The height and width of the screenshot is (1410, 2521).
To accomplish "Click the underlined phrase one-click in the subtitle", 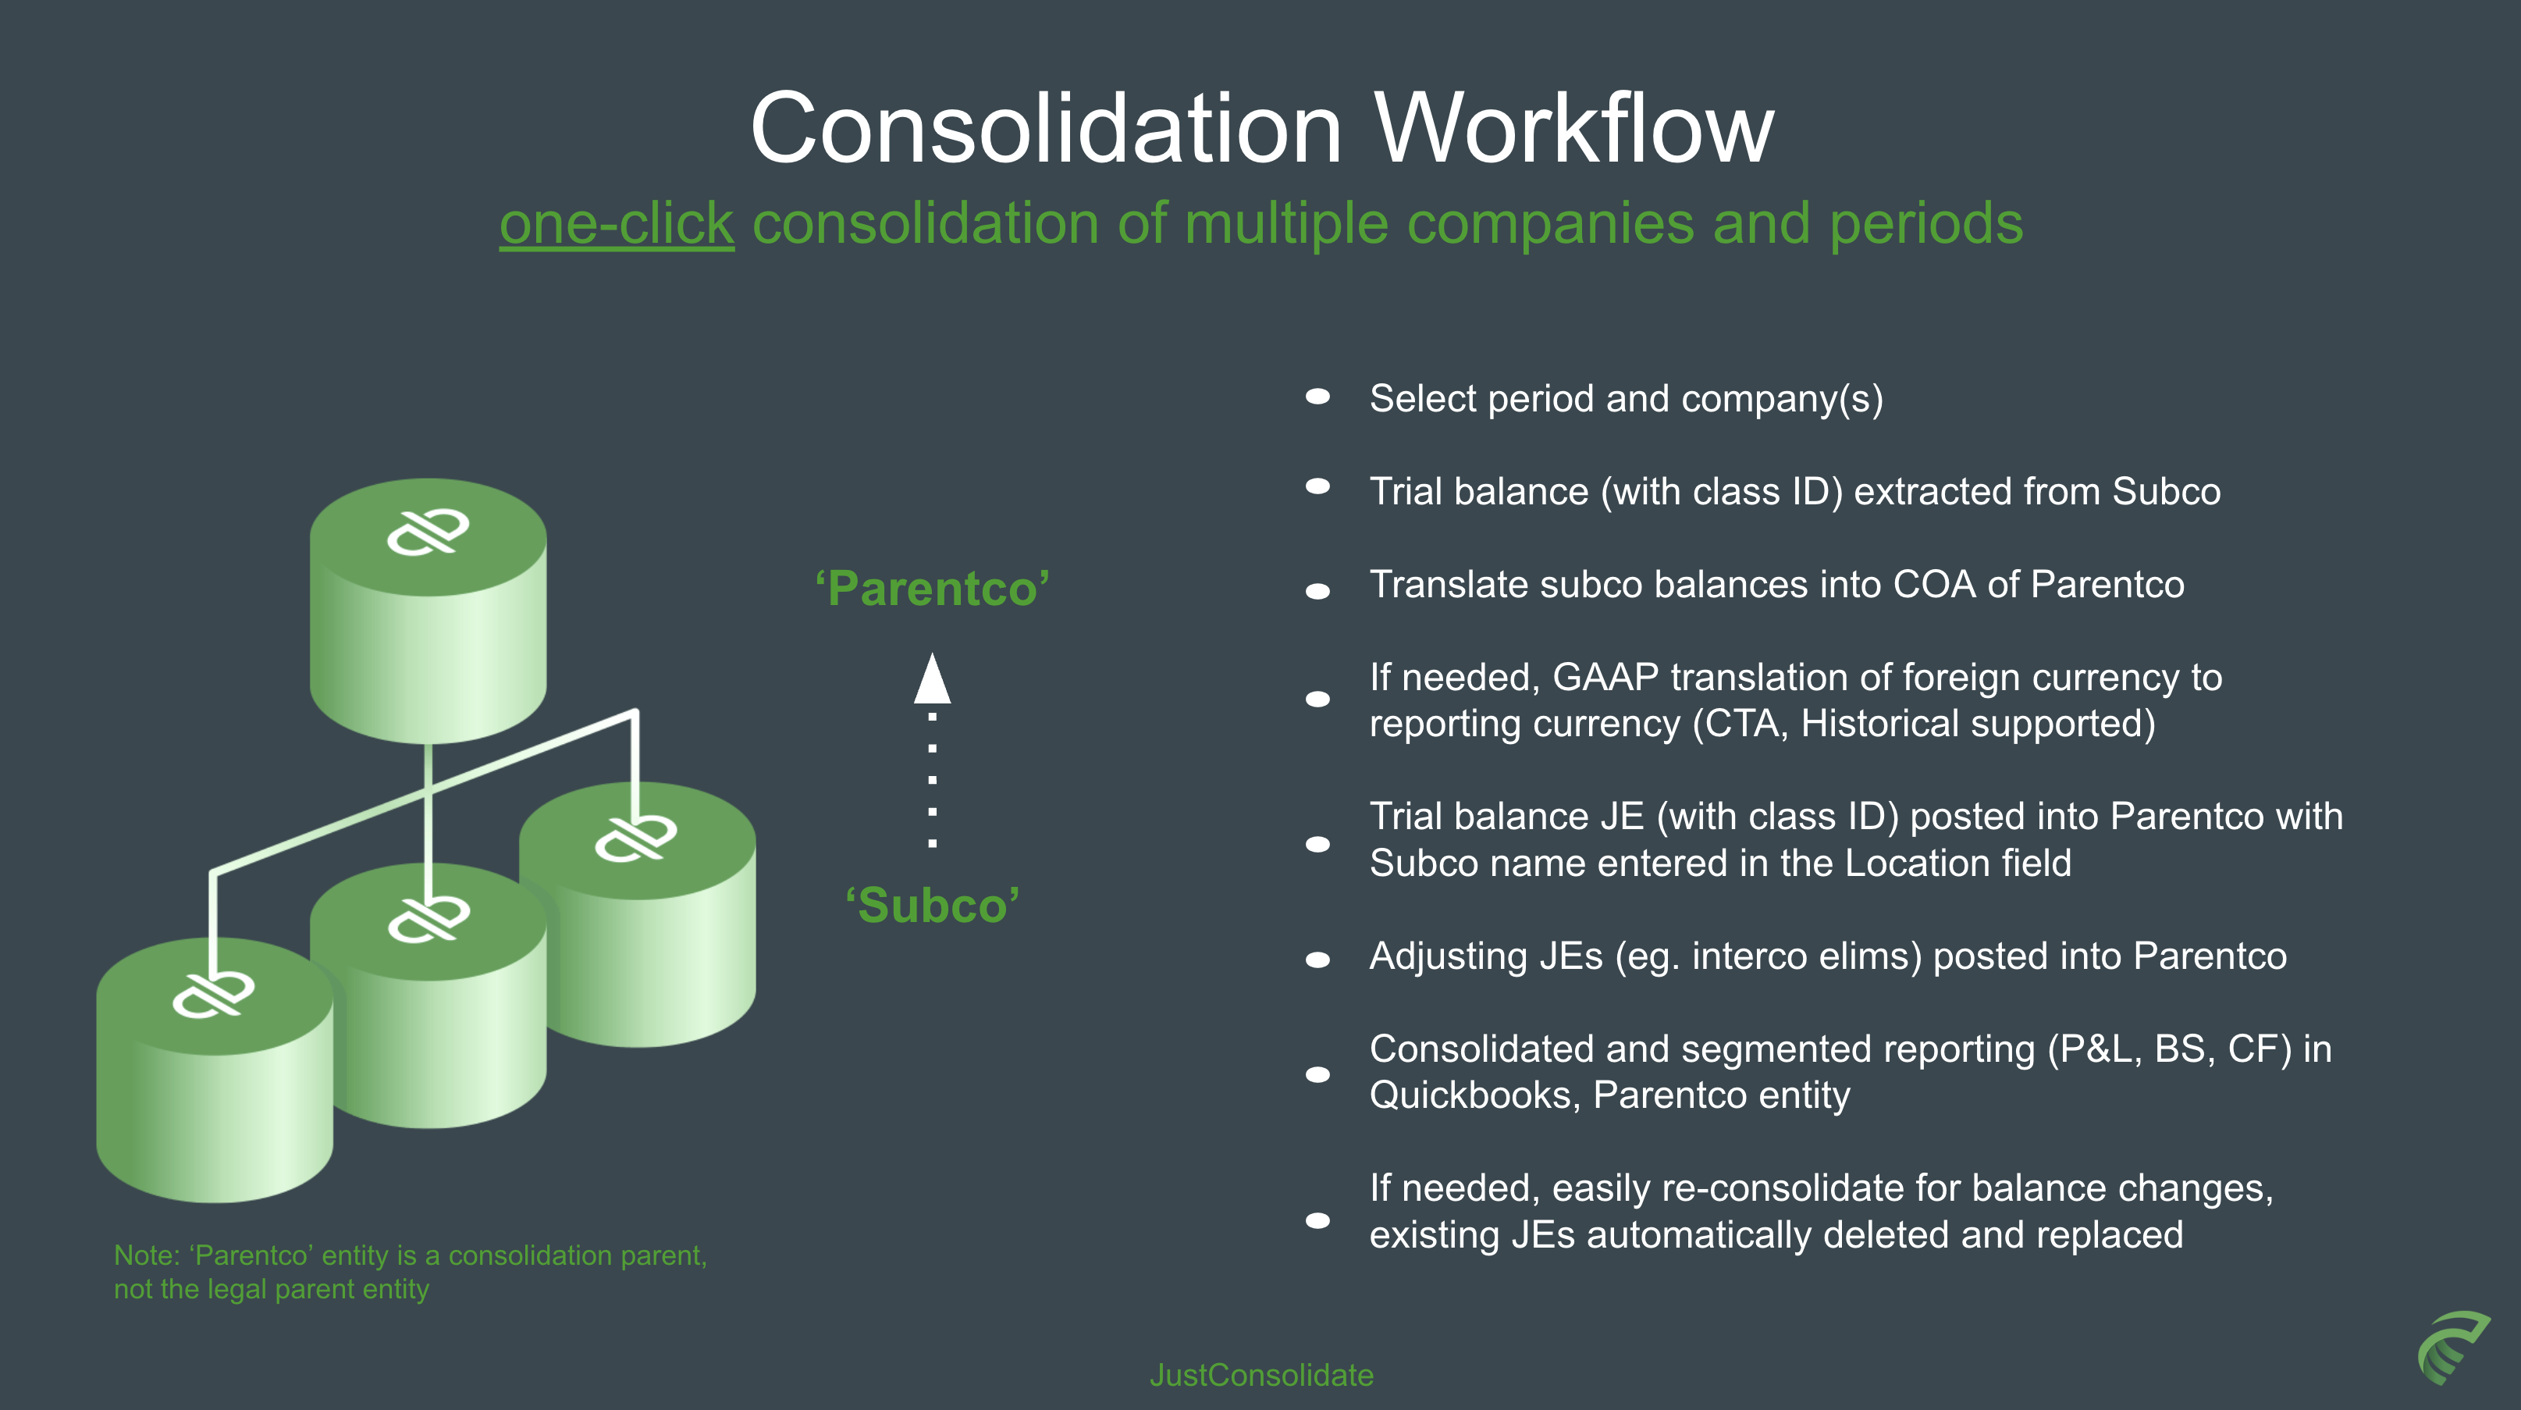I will [x=617, y=223].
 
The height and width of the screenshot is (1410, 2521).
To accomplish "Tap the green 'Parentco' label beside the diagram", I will [x=932, y=589].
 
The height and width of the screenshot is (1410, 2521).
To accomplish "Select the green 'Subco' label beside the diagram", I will [x=932, y=906].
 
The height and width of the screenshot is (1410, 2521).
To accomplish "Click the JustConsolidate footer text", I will [x=1260, y=1375].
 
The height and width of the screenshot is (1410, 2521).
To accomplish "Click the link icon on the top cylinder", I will [x=428, y=532].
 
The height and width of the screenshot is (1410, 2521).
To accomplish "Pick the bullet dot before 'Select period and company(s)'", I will [x=1318, y=397].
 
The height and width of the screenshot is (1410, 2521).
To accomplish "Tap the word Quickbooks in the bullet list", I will [x=1472, y=1095].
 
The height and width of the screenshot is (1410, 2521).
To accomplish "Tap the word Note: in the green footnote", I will [x=147, y=1255].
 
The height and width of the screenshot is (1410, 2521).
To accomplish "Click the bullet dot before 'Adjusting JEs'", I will [x=1318, y=960].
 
